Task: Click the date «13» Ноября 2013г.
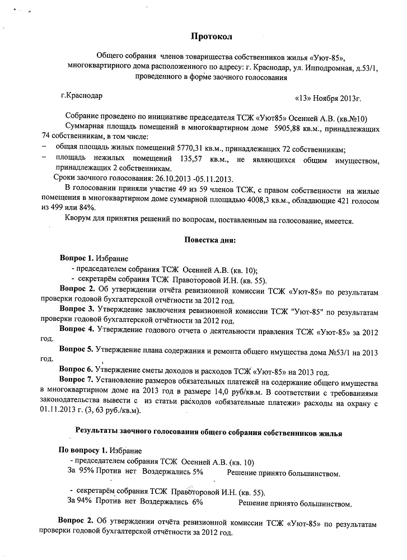coord(328,99)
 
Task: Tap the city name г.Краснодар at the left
coord(82,96)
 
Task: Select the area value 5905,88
coord(290,129)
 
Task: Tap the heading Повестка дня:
coord(210,240)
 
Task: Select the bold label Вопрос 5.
coord(77,349)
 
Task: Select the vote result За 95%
coord(80,472)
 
